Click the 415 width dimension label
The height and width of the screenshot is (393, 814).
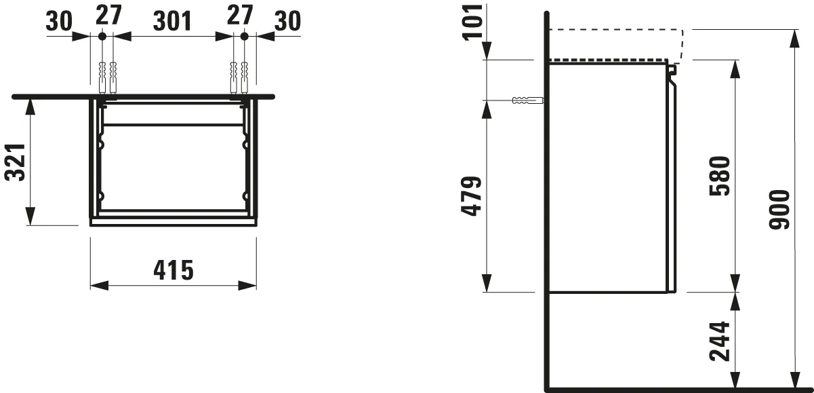click(x=174, y=269)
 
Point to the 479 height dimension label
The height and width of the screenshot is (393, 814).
click(x=472, y=196)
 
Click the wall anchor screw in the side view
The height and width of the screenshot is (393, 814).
click(x=527, y=101)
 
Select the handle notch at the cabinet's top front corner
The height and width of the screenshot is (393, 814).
click(x=672, y=69)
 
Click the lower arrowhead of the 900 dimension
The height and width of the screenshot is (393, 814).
click(x=794, y=383)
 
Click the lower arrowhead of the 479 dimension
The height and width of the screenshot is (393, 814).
click(x=486, y=286)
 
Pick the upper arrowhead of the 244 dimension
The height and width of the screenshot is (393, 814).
click(x=735, y=299)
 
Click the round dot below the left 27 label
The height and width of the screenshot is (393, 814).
click(x=102, y=35)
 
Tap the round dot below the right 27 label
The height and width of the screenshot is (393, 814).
click(x=245, y=35)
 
